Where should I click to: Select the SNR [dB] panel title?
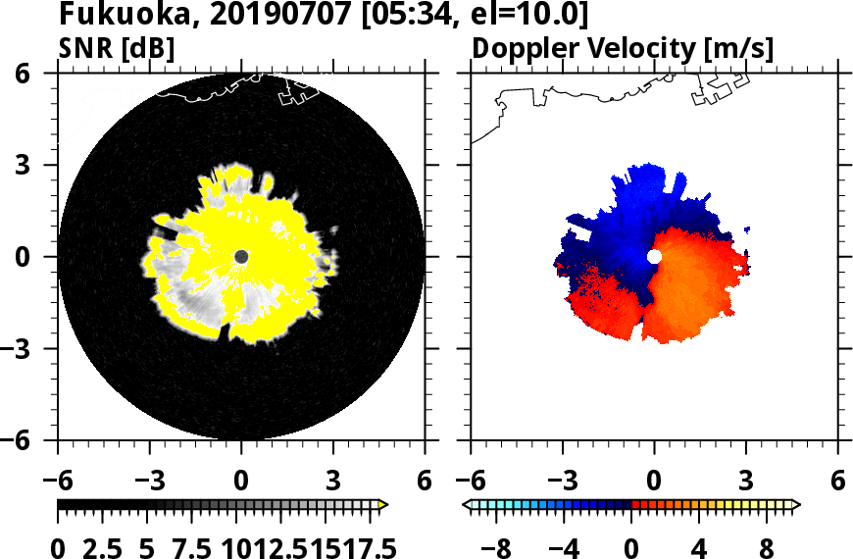tap(117, 47)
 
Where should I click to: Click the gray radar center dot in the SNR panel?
tap(241, 256)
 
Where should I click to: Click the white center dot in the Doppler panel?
tap(654, 256)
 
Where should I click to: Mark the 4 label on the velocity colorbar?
tap(699, 547)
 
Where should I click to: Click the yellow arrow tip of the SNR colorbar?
tap(384, 504)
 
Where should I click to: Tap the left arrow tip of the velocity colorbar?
tap(467, 504)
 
